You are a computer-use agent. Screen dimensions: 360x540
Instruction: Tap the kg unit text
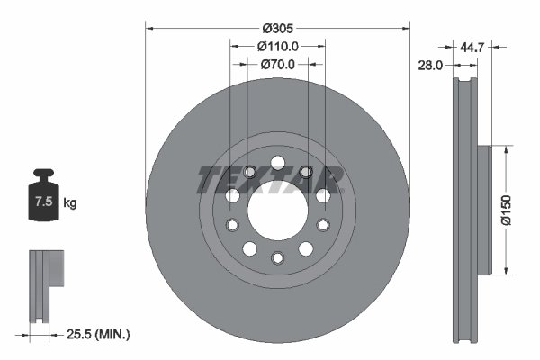[x=69, y=203]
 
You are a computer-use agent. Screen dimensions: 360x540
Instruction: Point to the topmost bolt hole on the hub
[x=277, y=163]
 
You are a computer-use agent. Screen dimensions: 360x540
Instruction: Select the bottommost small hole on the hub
[x=277, y=257]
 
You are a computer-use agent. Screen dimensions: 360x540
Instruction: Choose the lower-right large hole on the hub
[x=306, y=248]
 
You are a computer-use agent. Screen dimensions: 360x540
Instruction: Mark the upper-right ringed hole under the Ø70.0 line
[x=306, y=172]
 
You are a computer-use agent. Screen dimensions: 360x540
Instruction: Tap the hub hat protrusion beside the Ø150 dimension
[x=482, y=210]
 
